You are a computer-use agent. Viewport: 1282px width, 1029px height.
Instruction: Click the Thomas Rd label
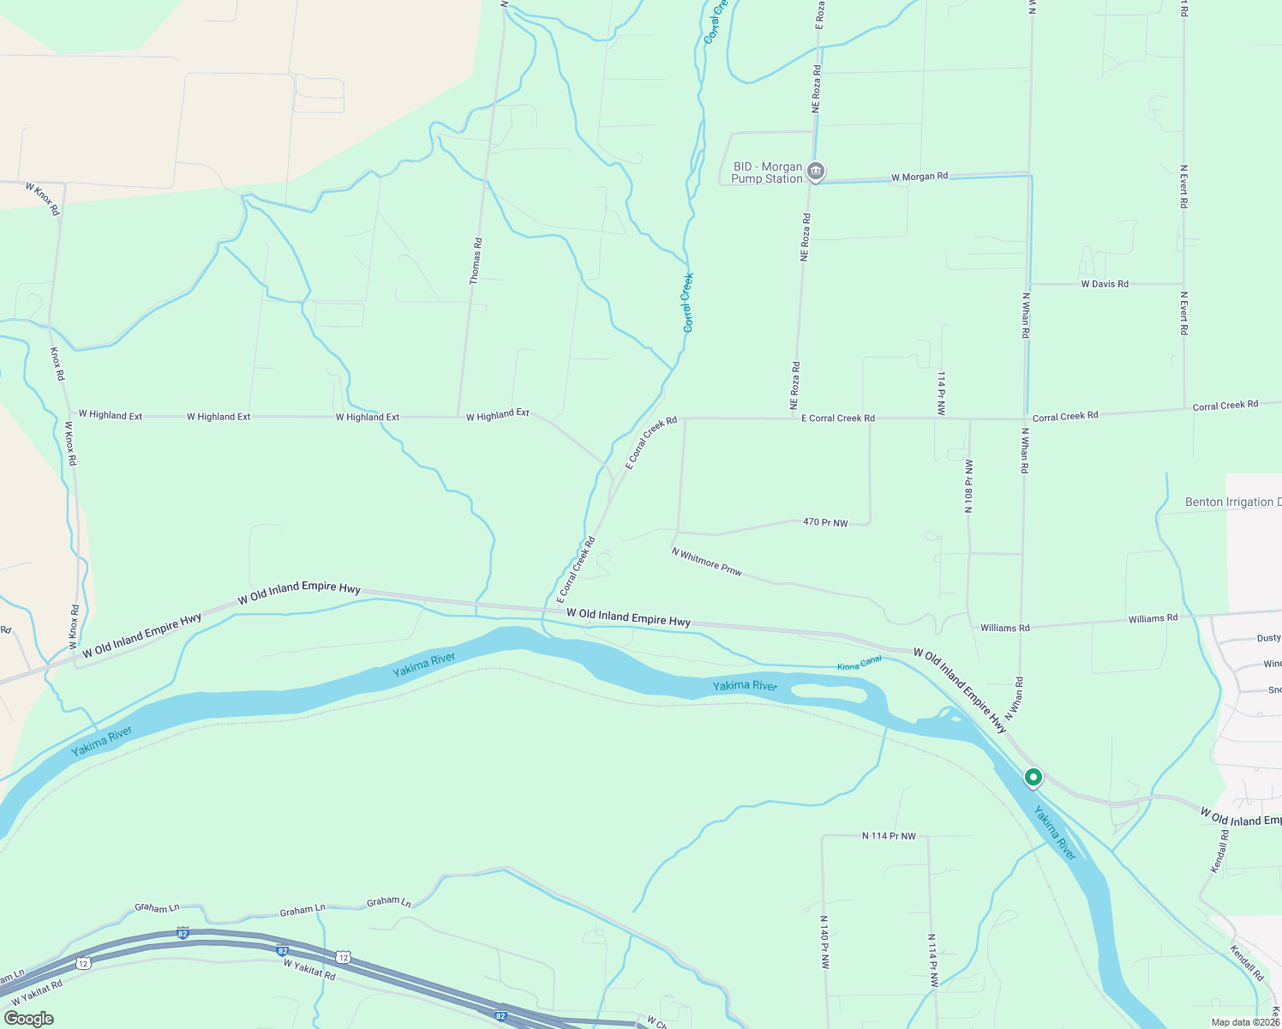pyautogui.click(x=476, y=261)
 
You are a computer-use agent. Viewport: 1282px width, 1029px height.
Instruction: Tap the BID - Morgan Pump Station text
pyautogui.click(x=767, y=173)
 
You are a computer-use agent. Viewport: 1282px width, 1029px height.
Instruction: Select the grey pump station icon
pyautogui.click(x=816, y=172)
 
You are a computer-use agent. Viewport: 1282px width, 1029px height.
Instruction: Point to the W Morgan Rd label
pyautogui.click(x=919, y=177)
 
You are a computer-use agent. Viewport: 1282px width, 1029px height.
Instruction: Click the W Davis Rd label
pyautogui.click(x=1104, y=284)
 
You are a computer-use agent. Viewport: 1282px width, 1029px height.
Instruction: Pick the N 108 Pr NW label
pyautogui.click(x=968, y=485)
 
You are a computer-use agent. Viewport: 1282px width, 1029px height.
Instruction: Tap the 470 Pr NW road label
pyautogui.click(x=825, y=522)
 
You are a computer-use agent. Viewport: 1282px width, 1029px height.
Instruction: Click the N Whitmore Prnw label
pyautogui.click(x=707, y=562)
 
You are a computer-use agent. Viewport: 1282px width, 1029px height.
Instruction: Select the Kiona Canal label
pyautogui.click(x=859, y=662)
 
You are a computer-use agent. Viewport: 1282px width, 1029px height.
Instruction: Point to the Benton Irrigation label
pyautogui.click(x=1232, y=502)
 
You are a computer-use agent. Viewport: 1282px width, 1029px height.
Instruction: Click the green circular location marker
pyautogui.click(x=1033, y=778)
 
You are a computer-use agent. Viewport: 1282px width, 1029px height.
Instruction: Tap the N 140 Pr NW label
pyautogui.click(x=824, y=942)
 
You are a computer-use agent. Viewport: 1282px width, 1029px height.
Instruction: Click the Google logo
pyautogui.click(x=28, y=1019)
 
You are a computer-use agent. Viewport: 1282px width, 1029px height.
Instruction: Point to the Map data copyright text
pyautogui.click(x=1244, y=1022)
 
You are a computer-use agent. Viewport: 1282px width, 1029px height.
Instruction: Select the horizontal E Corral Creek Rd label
pyautogui.click(x=837, y=418)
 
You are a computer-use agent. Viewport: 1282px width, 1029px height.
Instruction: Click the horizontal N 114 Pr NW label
pyautogui.click(x=889, y=836)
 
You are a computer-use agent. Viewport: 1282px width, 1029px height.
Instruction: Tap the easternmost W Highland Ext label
pyautogui.click(x=497, y=415)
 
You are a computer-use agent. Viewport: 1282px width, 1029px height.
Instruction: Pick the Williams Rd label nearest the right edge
pyautogui.click(x=1153, y=618)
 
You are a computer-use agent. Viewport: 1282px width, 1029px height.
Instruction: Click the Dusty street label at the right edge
pyautogui.click(x=1268, y=638)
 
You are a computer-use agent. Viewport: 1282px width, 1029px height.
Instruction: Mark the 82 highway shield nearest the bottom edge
pyautogui.click(x=500, y=1014)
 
